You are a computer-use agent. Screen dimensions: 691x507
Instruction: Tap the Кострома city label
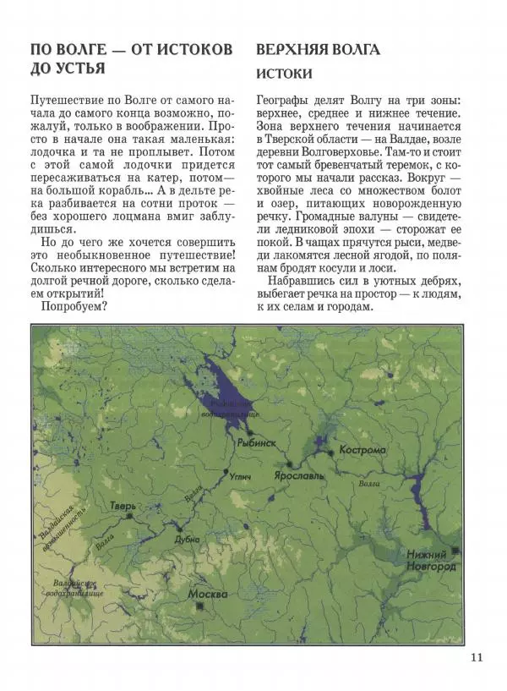click(362, 450)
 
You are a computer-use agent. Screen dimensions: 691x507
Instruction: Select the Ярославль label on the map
click(299, 476)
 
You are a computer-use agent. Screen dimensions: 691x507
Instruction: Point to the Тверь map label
click(123, 507)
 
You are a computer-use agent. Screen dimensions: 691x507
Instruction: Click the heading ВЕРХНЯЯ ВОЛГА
click(318, 50)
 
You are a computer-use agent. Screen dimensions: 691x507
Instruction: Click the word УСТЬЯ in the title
click(78, 67)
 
